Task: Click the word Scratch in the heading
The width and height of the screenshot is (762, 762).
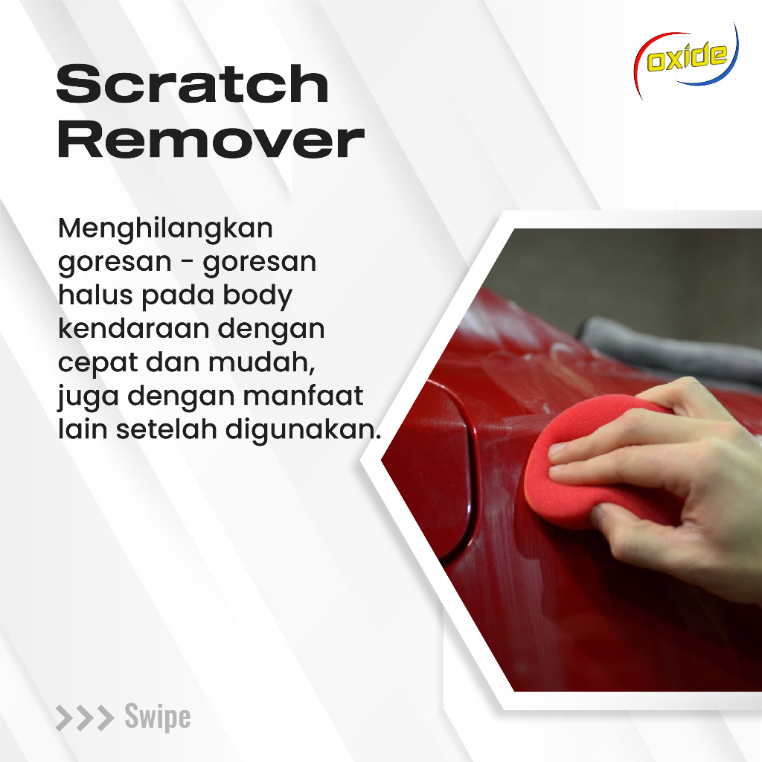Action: coord(192,84)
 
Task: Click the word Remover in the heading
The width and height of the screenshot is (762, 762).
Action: coord(211,141)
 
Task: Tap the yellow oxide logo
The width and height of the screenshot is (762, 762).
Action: coord(685,60)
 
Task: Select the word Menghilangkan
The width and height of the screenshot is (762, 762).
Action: coord(165,228)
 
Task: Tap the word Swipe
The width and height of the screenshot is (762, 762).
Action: coord(157,717)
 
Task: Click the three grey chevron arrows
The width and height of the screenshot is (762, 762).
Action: coord(85,718)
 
